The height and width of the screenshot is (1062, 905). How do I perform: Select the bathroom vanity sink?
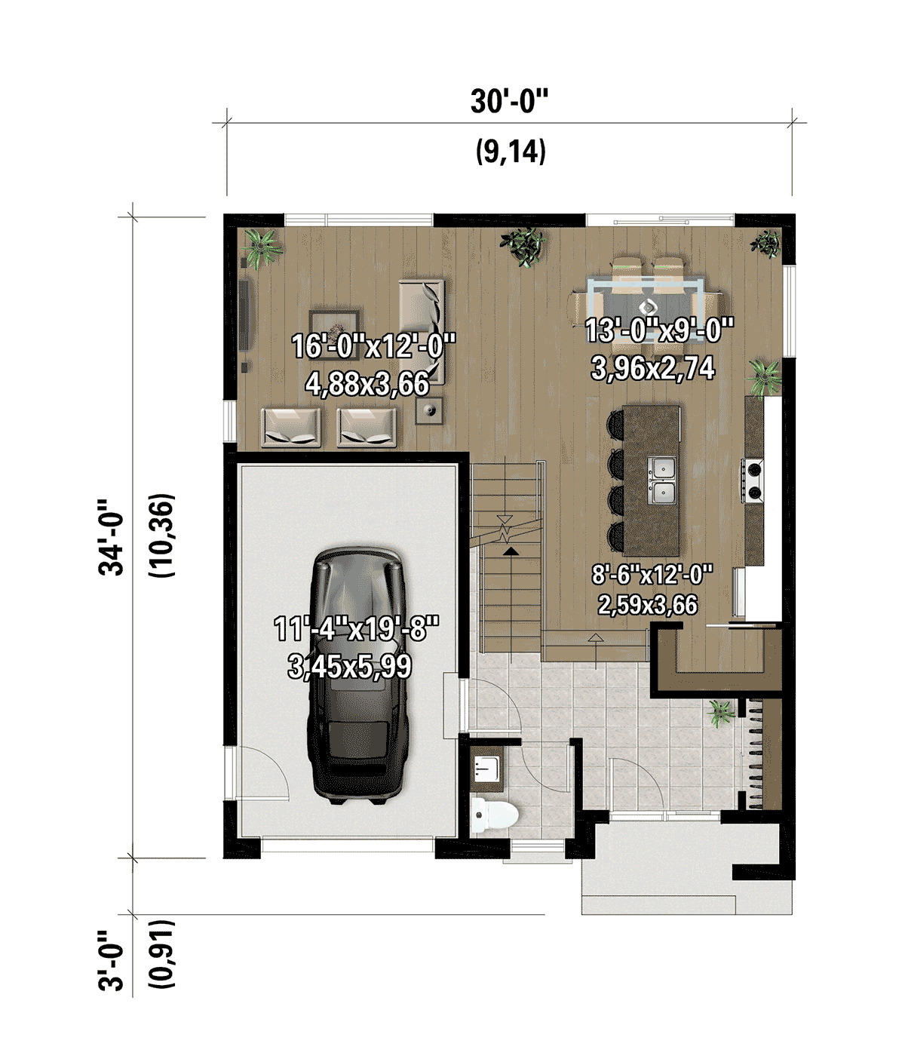pos(487,769)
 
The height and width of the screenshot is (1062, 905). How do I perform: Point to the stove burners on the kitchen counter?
pos(753,480)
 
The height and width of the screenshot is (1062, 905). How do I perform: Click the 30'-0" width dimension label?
pos(510,101)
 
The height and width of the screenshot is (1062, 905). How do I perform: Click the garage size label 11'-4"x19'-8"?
pos(357,628)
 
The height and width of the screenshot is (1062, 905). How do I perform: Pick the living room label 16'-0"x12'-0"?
pos(374,345)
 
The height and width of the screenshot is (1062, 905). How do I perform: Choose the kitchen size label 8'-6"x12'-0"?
pos(653,575)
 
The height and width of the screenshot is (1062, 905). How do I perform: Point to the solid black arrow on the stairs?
pos(510,552)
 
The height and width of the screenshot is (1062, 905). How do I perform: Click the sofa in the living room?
pos(422,332)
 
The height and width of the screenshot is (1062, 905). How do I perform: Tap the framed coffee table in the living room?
pos(334,330)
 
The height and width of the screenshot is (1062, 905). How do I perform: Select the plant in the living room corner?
pos(262,247)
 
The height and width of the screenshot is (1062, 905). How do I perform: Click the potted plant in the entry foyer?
pos(720,713)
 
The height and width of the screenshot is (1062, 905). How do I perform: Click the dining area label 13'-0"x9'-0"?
pos(659,330)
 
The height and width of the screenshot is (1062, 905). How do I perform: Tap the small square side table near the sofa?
pos(429,410)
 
